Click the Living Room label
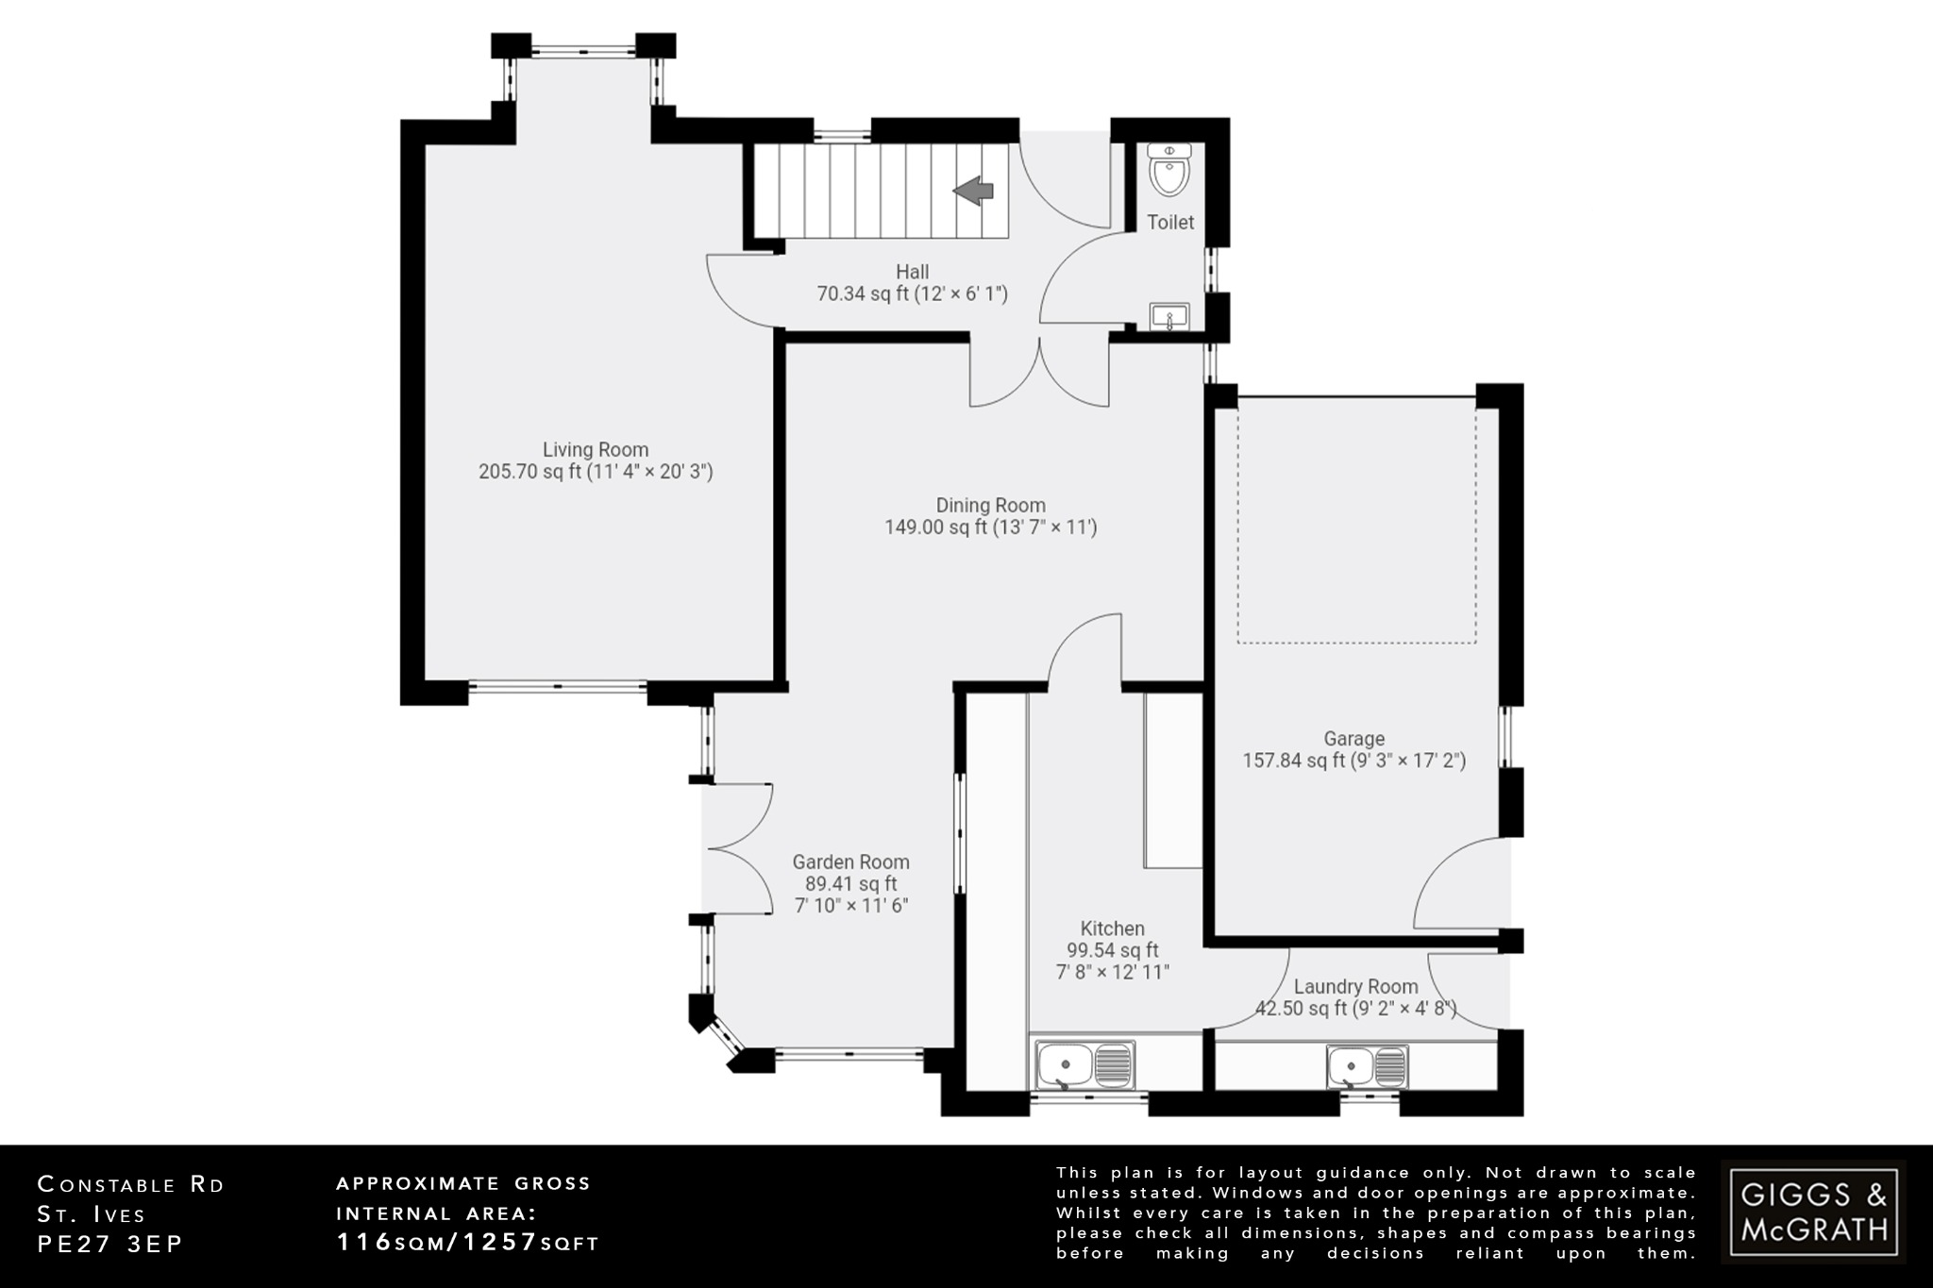point(595,450)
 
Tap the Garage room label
point(1353,739)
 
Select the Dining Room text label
point(990,505)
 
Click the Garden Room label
point(850,861)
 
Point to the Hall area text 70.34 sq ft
point(912,294)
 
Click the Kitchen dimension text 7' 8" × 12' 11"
point(1113,972)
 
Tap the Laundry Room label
point(1355,986)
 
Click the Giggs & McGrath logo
point(1813,1213)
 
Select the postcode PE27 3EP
point(109,1245)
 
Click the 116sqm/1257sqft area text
point(468,1243)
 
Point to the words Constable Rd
point(131,1185)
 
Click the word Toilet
point(1170,223)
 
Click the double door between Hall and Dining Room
point(1039,373)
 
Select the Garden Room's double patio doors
point(739,848)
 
